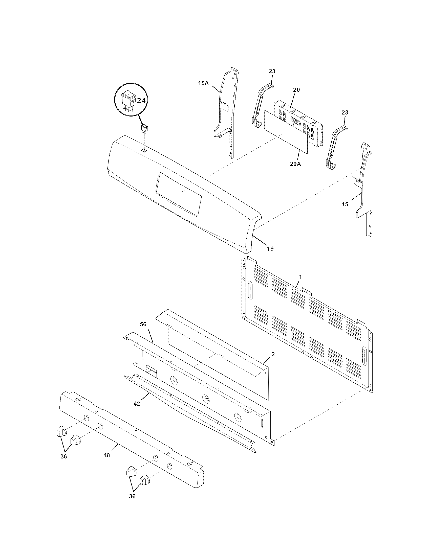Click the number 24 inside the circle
141,101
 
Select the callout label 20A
295,164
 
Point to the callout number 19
270,248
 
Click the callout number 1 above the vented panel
300,276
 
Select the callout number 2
273,354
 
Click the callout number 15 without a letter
345,204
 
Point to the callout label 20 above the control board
296,90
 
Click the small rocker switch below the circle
144,129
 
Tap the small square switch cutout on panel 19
144,150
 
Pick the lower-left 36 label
64,456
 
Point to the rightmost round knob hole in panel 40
169,466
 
